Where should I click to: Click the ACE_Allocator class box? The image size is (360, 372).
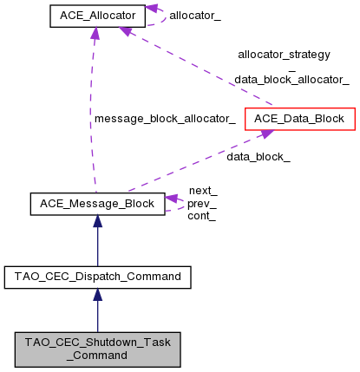pyautogui.click(x=96, y=16)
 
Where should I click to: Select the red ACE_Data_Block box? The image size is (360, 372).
pyautogui.click(x=299, y=118)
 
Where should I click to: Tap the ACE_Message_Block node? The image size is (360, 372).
pyautogui.click(x=96, y=204)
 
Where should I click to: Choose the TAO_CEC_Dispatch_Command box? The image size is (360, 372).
pyautogui.click(x=96, y=277)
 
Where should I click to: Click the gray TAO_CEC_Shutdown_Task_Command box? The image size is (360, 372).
pyautogui.click(x=96, y=349)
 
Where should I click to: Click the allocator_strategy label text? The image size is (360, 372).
pyautogui.click(x=285, y=55)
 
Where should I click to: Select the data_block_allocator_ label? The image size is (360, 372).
pyautogui.click(x=291, y=79)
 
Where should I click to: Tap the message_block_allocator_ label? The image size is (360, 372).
pyautogui.click(x=165, y=118)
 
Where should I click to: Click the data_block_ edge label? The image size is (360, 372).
pyautogui.click(x=259, y=157)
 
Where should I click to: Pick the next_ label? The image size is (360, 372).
pyautogui.click(x=202, y=190)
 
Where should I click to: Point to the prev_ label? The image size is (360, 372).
pyautogui.click(x=202, y=203)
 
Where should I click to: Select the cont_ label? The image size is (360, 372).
pyautogui.click(x=202, y=216)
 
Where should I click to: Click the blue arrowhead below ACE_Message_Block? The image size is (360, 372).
pyautogui.click(x=96, y=222)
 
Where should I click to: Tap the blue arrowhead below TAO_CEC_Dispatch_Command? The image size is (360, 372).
pyautogui.click(x=96, y=295)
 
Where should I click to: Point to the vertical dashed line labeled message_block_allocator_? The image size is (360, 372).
pyautogui.click(x=89, y=130)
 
